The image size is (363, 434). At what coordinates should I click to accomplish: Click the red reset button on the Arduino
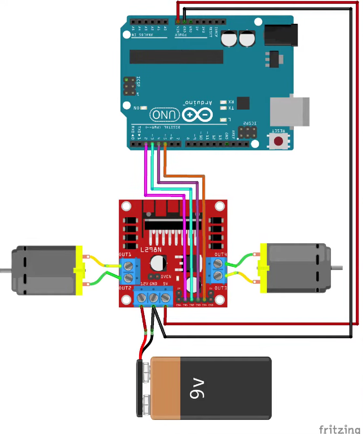(278, 141)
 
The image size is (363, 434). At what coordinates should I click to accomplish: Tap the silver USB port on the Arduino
(290, 112)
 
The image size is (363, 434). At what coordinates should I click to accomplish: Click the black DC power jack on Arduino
(281, 35)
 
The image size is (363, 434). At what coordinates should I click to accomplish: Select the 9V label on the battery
(197, 388)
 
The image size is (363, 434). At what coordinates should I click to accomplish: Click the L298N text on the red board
(151, 250)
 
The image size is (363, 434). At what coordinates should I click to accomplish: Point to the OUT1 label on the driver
(125, 254)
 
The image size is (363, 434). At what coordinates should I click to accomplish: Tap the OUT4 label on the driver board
(220, 254)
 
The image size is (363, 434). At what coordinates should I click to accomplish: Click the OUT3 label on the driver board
(220, 288)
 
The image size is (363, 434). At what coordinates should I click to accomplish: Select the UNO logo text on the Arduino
(165, 115)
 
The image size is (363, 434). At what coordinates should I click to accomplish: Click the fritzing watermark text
(339, 429)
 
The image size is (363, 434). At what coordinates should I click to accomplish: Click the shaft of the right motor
(337, 268)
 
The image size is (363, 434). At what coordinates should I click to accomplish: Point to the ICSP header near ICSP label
(129, 86)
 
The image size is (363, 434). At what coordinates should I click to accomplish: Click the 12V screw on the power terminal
(141, 298)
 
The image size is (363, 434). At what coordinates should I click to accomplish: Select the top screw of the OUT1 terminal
(129, 266)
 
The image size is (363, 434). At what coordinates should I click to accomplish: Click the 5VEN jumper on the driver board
(154, 277)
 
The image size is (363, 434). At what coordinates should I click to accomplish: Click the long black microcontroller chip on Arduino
(176, 57)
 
